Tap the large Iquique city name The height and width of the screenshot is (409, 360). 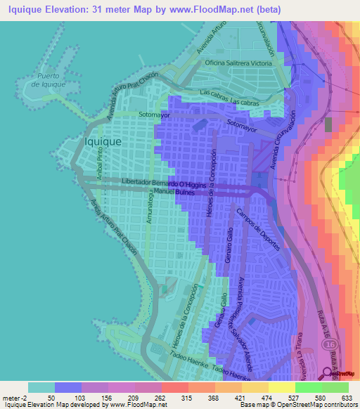point(103,141)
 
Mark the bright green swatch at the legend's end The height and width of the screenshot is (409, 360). point(335,388)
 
